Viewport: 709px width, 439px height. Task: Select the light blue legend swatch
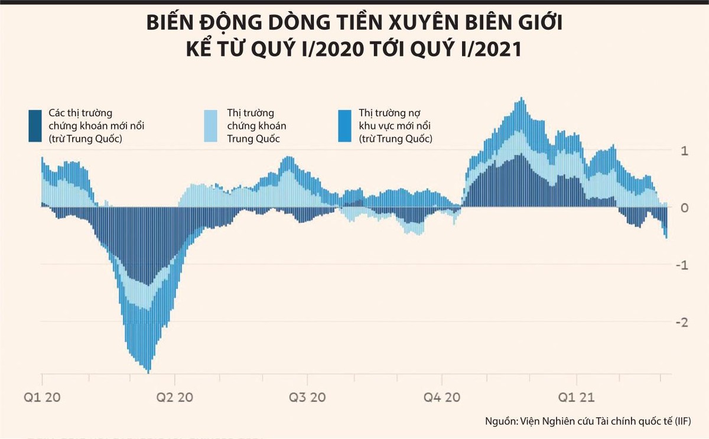210,126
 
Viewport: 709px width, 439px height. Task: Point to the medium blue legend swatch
345,126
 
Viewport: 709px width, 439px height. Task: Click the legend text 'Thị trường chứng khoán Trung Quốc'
258,126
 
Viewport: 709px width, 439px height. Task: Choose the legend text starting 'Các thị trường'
97,126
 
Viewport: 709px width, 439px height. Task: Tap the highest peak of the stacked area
521,97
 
